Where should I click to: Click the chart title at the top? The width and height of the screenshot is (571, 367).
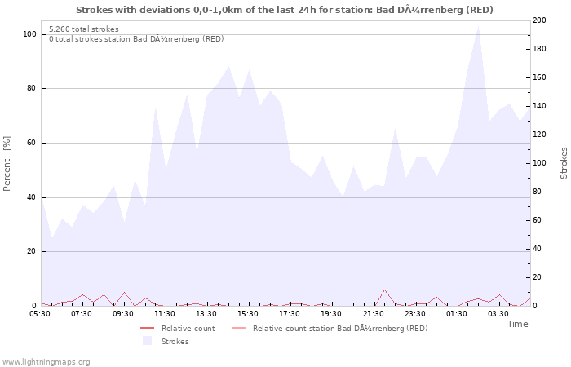tap(285, 10)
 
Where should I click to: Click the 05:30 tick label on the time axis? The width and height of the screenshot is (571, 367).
tap(41, 313)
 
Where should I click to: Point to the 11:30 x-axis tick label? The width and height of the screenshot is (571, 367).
tap(165, 313)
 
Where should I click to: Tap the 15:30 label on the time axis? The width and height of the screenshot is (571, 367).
tap(248, 313)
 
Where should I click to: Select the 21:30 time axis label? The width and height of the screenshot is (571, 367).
tap(373, 313)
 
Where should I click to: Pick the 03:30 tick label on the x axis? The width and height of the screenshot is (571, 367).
tap(498, 313)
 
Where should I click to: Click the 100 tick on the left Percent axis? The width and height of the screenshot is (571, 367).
tap(29, 34)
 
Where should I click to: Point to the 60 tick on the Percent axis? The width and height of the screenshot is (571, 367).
tap(32, 143)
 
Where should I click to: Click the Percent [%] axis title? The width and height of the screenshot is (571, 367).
tap(7, 163)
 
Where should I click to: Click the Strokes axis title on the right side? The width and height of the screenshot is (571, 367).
tap(564, 163)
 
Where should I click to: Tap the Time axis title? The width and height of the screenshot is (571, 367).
tap(517, 324)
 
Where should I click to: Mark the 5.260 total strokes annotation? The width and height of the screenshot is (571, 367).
tap(84, 29)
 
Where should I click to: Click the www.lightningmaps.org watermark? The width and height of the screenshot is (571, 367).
tap(46, 361)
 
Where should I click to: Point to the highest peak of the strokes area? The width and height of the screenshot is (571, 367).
tap(478, 26)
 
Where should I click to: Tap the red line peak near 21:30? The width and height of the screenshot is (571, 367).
tap(384, 290)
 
